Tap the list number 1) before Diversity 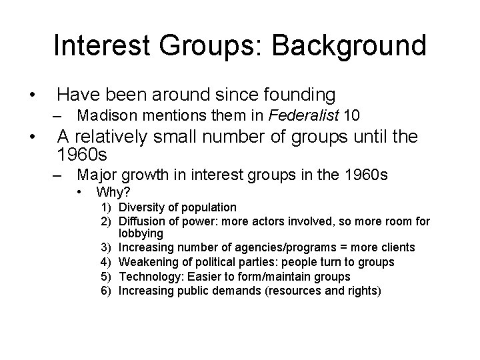(x=108, y=207)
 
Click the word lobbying (x=141, y=234)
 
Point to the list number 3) (x=108, y=248)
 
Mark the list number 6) (x=108, y=290)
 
